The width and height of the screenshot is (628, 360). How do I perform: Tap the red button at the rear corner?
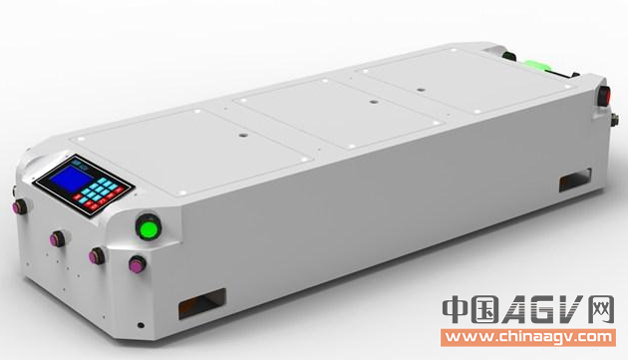604,96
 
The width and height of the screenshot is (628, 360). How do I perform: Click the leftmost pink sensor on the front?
19,206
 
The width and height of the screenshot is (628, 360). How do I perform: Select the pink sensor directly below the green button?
138,264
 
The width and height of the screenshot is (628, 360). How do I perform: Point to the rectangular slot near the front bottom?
201,303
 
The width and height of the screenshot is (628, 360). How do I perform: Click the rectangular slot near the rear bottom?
575,180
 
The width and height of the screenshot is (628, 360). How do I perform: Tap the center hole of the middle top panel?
373,102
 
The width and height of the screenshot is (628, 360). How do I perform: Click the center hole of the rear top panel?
420,90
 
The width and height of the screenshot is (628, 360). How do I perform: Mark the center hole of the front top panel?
242,136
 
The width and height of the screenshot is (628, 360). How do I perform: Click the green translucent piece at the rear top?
539,66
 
